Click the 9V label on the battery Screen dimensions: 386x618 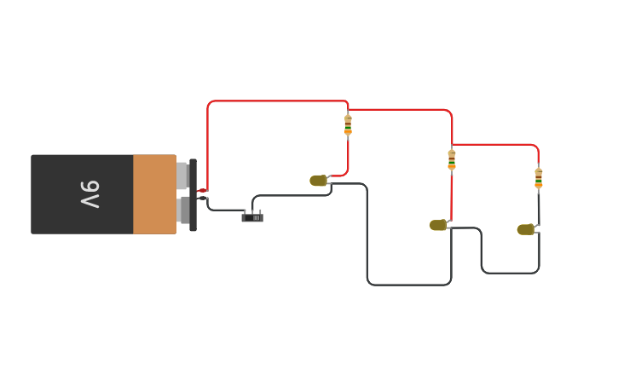(x=90, y=194)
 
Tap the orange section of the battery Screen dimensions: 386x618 (x=154, y=194)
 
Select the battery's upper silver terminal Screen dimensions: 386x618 (x=182, y=176)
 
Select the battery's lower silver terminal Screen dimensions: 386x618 (x=183, y=210)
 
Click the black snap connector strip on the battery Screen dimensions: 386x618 (x=193, y=194)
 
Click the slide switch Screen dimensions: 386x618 (x=252, y=217)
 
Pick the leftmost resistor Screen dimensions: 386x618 (x=348, y=124)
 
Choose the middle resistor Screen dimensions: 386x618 (x=452, y=159)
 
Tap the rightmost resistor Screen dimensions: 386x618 (x=539, y=178)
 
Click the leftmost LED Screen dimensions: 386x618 (x=319, y=181)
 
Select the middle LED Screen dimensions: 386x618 (x=438, y=226)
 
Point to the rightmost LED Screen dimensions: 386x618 (x=526, y=229)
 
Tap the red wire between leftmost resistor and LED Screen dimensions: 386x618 (x=348, y=158)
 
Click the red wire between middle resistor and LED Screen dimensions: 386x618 (x=451, y=196)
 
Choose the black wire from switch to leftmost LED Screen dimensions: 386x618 (x=290, y=195)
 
